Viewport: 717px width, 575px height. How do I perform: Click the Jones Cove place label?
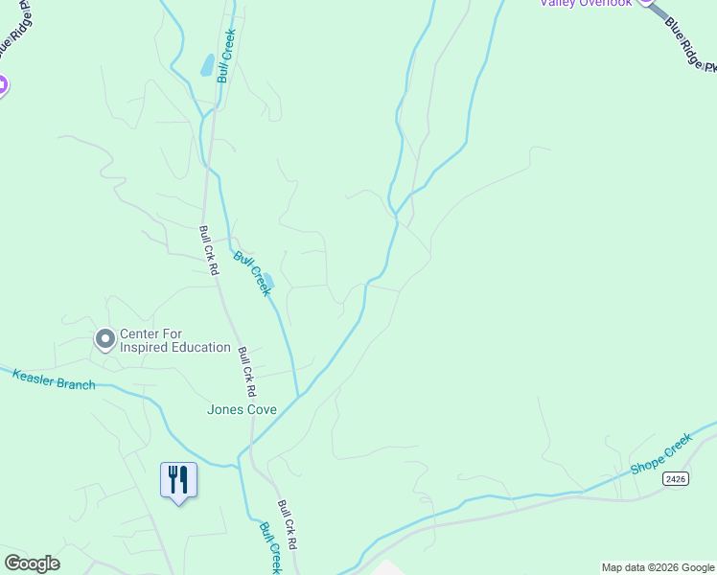242,409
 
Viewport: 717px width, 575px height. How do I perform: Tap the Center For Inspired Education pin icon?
105,338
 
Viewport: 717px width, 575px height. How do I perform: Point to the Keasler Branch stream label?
54,379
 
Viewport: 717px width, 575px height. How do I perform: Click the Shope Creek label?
660,454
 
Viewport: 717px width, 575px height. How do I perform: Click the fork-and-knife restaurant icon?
178,478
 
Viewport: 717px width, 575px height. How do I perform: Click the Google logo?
32,563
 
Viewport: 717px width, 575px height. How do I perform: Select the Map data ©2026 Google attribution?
658,567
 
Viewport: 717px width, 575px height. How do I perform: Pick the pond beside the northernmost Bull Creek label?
206,65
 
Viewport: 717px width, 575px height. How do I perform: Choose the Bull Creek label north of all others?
226,56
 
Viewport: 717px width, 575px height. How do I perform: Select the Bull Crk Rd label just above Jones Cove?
247,372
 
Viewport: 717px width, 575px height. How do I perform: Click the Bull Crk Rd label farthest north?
208,249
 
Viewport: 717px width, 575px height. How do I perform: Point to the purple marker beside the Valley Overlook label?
647,2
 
